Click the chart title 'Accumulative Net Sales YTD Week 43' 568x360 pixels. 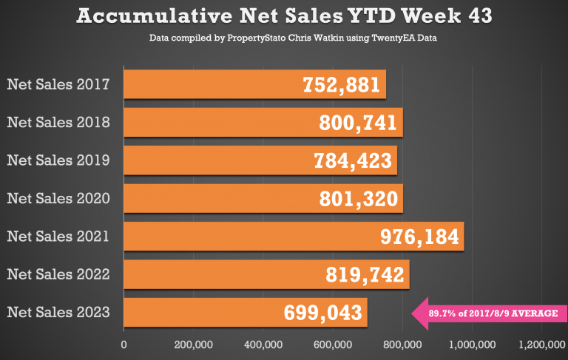284,16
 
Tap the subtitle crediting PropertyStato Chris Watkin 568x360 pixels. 284,38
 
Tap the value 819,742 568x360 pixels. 365,275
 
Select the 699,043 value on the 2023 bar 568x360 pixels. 324,313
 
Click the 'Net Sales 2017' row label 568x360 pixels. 58,84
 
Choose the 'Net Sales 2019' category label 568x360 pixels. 58,160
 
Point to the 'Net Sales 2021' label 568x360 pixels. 58,237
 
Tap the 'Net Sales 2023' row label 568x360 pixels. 58,313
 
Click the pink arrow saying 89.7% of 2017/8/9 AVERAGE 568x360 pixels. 488,313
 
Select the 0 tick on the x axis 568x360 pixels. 124,344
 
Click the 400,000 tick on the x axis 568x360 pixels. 263,344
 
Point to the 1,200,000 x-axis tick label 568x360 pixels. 541,344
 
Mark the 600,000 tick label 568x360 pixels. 333,344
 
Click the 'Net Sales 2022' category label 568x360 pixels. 58,274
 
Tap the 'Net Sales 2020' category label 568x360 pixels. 58,198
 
